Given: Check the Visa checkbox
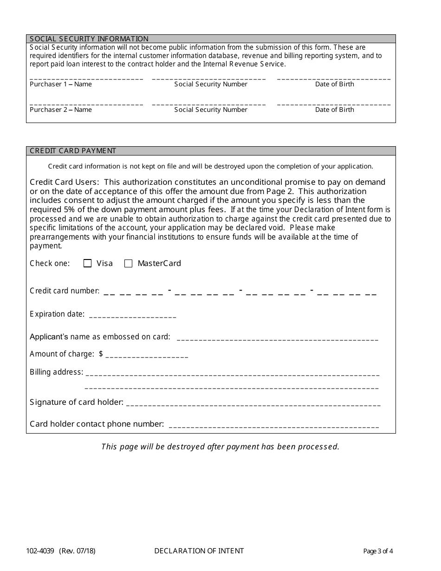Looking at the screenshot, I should (x=87, y=264).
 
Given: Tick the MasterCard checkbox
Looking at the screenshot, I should (x=129, y=264).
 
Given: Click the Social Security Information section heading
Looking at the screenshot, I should (x=89, y=39).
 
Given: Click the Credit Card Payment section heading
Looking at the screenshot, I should (x=73, y=151).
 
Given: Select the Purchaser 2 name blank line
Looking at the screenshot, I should (x=86, y=104).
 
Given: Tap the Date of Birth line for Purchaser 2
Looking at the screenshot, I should (x=334, y=104).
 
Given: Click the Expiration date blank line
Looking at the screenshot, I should (x=132, y=316).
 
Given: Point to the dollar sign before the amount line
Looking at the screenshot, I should (x=101, y=354).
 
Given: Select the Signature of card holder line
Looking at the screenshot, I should (x=253, y=404).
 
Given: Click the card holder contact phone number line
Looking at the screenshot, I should (x=274, y=426).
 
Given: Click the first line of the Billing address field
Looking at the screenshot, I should (x=232, y=374).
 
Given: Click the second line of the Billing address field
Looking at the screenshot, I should (x=232, y=387).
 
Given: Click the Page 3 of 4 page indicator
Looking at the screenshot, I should (x=378, y=552).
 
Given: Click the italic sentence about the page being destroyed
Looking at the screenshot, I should (x=220, y=447).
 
